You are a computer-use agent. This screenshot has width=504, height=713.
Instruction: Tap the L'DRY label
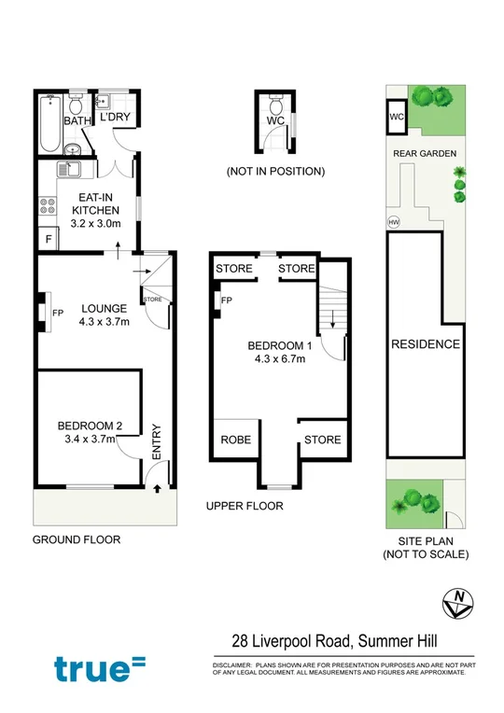point(114,118)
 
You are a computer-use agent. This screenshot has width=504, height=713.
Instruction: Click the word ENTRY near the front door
point(156,441)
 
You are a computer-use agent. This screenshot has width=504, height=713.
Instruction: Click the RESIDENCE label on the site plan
point(426,343)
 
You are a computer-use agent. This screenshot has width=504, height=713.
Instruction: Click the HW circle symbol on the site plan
point(393,222)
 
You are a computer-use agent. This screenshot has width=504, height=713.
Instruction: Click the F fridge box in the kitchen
point(47,239)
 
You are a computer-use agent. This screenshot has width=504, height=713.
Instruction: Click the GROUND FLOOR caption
point(77,539)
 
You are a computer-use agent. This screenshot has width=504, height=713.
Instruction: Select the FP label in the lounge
point(58,313)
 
